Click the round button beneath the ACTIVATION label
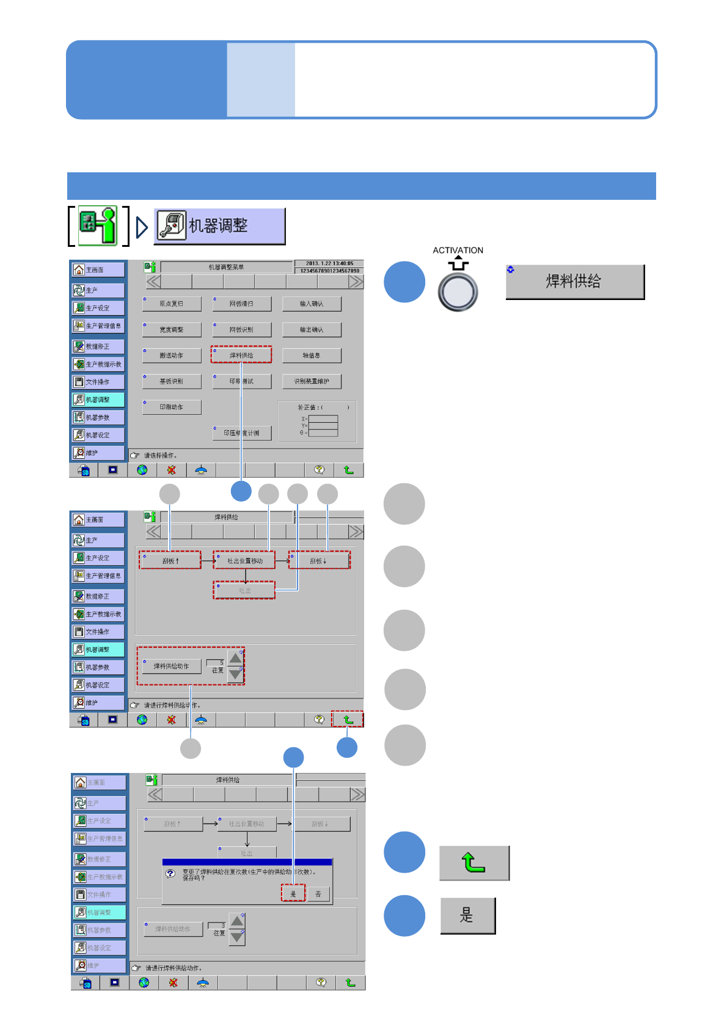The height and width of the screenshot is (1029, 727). [458, 292]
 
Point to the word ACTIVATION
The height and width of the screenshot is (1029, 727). [458, 251]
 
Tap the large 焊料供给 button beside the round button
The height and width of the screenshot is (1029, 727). [575, 282]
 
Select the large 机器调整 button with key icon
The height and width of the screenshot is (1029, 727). [219, 226]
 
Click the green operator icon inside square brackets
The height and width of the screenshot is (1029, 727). [98, 225]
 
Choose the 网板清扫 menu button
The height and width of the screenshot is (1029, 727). [242, 304]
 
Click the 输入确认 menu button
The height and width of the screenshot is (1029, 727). [312, 304]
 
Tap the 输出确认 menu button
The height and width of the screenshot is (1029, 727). [312, 330]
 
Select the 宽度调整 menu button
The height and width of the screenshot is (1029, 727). [172, 330]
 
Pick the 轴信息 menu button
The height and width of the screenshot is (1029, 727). [312, 356]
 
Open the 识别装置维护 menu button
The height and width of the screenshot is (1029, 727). [312, 381]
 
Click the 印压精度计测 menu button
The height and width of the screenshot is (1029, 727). [242, 433]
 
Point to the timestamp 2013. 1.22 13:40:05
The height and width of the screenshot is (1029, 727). [329, 263]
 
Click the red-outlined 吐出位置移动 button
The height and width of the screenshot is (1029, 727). [244, 561]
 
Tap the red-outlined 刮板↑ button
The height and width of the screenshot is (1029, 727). [170, 561]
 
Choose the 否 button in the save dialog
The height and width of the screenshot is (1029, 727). [318, 894]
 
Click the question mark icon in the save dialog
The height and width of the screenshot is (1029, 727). [171, 874]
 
